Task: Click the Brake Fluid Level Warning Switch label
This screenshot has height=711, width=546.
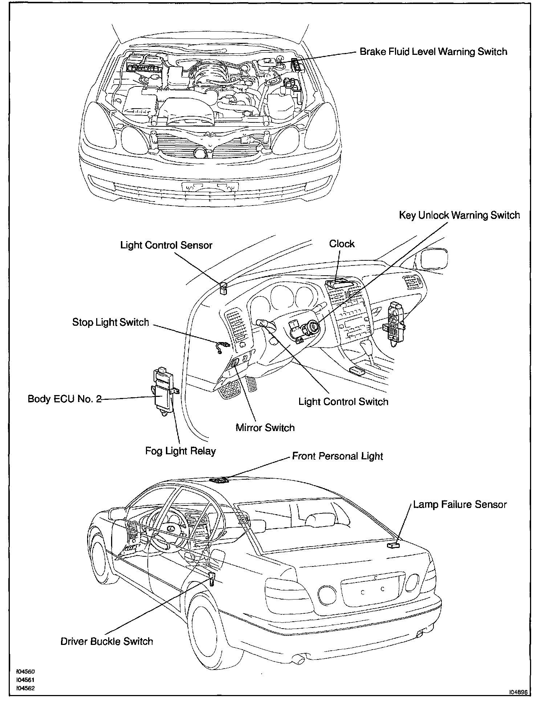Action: [433, 52]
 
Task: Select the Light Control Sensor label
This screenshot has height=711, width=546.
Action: [166, 245]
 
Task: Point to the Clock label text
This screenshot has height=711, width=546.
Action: [342, 244]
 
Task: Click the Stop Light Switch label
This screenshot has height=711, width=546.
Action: [111, 322]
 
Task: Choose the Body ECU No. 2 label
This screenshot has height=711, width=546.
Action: [65, 399]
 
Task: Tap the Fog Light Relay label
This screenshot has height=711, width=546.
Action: [180, 451]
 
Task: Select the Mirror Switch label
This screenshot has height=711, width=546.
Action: [265, 427]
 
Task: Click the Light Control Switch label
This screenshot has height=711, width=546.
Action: [343, 402]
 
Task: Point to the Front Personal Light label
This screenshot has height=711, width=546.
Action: [338, 456]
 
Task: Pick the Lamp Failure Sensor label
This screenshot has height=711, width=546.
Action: [460, 504]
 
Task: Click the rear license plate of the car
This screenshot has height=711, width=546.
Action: [372, 589]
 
